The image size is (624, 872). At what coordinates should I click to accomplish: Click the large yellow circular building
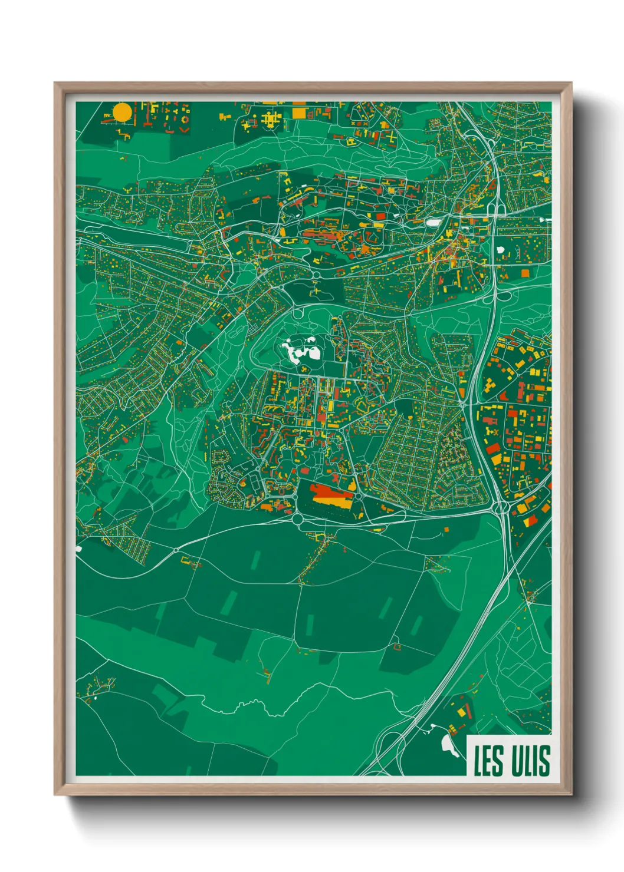point(122,112)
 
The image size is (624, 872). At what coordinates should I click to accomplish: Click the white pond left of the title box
point(449,745)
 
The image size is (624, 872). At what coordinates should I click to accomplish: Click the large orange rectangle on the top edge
point(300,112)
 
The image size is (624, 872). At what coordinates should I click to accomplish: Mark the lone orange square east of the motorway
point(524,273)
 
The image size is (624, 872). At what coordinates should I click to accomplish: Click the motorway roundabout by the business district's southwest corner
point(503,508)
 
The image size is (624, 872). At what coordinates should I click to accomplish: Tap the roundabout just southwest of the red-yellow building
point(297,519)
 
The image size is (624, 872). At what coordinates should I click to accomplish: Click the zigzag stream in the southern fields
point(260,706)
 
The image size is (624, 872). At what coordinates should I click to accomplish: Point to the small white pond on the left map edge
point(78,549)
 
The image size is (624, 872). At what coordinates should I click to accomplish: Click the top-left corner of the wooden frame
point(55,83)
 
